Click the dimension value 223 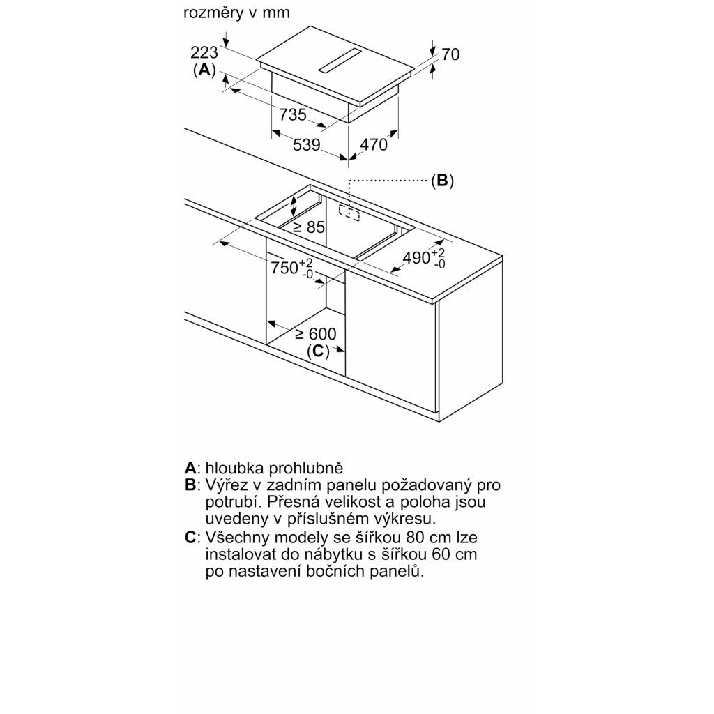(x=204, y=52)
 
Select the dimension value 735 (x=293, y=114)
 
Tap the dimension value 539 (x=306, y=145)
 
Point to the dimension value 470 (x=373, y=145)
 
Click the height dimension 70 (x=451, y=54)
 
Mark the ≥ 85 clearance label (x=309, y=227)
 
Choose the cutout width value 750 (x=284, y=267)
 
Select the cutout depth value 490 (x=416, y=257)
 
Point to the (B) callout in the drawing (x=442, y=181)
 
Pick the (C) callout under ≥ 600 (x=318, y=351)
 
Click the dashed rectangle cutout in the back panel (x=349, y=212)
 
